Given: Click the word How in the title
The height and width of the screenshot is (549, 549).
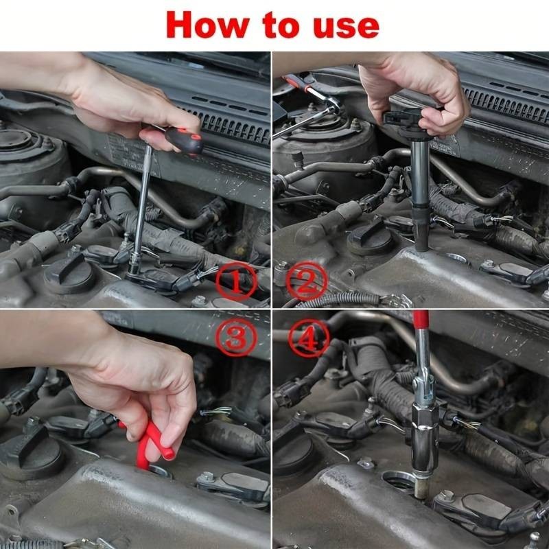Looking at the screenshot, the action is [x=208, y=25].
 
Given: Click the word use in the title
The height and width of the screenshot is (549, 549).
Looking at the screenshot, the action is [x=346, y=27].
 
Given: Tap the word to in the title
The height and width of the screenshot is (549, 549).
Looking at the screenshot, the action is [x=281, y=25].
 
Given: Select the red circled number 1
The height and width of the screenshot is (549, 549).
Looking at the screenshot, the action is [x=236, y=281].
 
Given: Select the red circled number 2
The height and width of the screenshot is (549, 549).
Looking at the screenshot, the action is [x=307, y=281].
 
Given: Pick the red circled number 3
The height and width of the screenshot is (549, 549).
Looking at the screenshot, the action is [x=236, y=338].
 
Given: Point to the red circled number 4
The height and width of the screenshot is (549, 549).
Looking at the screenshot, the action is [x=309, y=338].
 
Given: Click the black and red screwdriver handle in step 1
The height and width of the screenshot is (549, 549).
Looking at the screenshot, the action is [x=183, y=140].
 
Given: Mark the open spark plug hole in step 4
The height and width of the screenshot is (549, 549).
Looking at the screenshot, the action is [x=399, y=482].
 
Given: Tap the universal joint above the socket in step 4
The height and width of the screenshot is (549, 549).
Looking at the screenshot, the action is [x=423, y=388].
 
